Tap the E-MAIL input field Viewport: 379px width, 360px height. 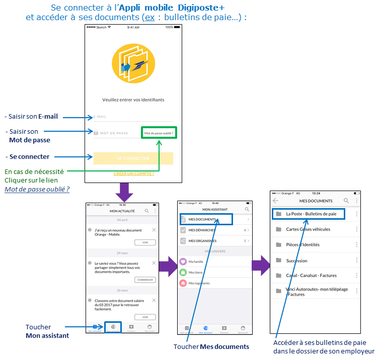coord(133,117)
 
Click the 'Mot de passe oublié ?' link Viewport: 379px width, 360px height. coord(159,133)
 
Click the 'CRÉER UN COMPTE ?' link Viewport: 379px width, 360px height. coord(133,173)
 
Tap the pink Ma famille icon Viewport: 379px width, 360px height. coord(183,261)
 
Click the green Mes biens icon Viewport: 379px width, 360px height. coord(183,272)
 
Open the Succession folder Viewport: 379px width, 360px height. coord(297,260)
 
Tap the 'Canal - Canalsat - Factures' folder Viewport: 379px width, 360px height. coord(311,276)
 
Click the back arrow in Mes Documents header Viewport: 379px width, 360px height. coord(275,201)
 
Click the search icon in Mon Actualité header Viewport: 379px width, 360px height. coord(147,211)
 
